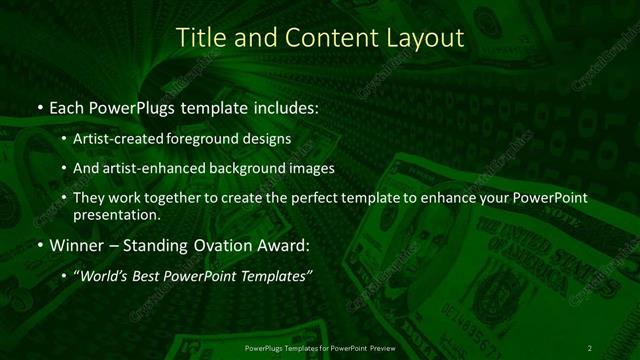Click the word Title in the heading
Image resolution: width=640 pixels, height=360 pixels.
point(199,38)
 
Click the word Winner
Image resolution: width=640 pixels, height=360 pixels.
point(77,244)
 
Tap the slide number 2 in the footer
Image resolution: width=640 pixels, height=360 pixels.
point(590,347)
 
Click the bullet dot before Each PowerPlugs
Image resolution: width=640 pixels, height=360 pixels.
point(39,106)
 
